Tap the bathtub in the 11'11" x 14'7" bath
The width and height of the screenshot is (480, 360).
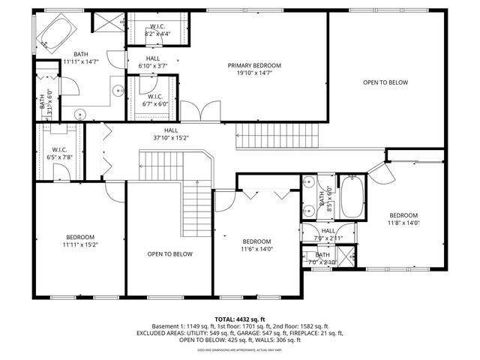(x=55, y=33)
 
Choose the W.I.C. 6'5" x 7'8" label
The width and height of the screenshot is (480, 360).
(x=60, y=154)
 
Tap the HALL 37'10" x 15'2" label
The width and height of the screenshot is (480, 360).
(x=171, y=133)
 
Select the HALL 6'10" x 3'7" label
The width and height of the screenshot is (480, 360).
(x=153, y=62)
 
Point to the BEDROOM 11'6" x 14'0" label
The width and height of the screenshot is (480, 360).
(x=256, y=245)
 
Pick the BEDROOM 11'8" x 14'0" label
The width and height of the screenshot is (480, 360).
(x=403, y=218)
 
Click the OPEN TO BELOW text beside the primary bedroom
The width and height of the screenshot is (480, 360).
(x=385, y=82)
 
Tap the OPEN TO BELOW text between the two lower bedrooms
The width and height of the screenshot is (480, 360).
(x=169, y=254)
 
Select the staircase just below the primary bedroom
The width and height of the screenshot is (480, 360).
(x=277, y=137)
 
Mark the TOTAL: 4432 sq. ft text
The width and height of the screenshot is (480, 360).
(x=239, y=319)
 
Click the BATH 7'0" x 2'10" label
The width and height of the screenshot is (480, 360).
(x=322, y=259)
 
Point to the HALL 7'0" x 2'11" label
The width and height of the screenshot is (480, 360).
(x=328, y=234)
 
